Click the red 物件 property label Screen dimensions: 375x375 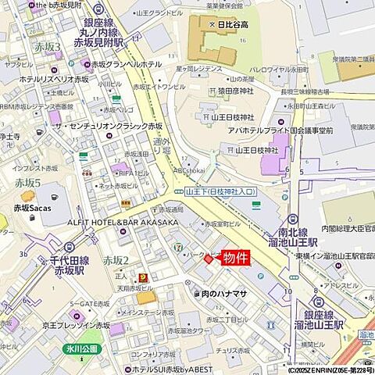tap(236, 259)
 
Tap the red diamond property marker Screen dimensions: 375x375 tap(209, 259)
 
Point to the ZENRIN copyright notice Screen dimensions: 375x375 tap(320, 370)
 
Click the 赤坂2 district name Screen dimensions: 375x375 tap(115, 259)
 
